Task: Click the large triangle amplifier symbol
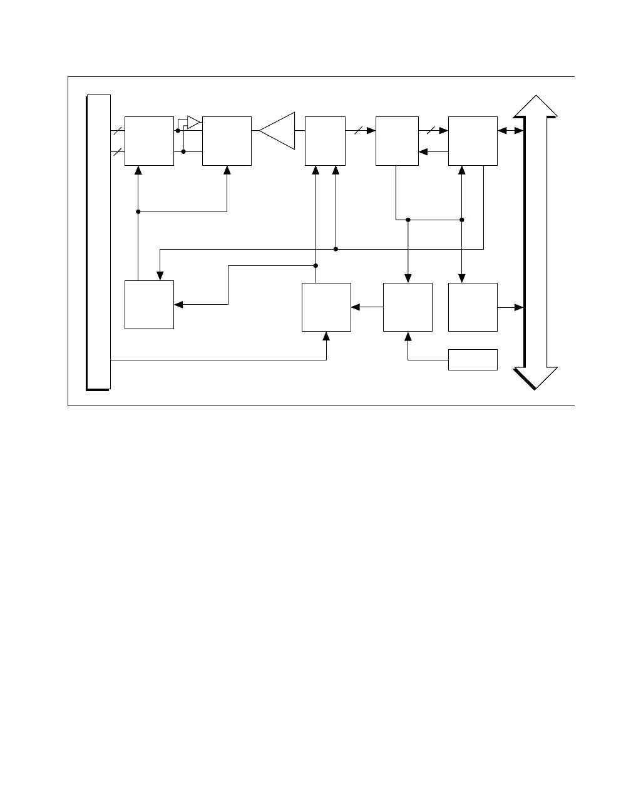279,131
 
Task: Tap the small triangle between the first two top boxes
193,121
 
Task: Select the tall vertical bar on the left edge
99,242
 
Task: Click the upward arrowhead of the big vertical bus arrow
535,106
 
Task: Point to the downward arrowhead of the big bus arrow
536,377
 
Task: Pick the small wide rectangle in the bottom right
473,360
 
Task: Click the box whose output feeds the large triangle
227,141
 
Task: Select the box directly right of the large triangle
325,141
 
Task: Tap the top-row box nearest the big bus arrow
473,141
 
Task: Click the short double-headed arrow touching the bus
510,131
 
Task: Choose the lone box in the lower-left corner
149,305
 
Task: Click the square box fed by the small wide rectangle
408,307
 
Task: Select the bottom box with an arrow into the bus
473,307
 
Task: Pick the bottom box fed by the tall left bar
326,307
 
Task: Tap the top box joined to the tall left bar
149,141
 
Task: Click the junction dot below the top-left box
138,212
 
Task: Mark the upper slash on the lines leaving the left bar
118,131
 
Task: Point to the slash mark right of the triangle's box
358,131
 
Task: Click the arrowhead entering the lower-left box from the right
178,305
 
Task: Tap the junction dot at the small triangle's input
178,130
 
